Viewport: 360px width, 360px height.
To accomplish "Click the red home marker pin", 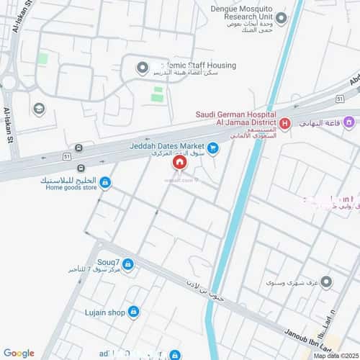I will pyautogui.click(x=179, y=163).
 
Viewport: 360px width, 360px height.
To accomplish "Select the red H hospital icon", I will pyautogui.click(x=284, y=124).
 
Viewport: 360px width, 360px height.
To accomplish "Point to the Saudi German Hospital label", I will pyautogui.click(x=237, y=114).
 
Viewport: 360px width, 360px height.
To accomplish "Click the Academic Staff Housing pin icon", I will pyautogui.click(x=142, y=68).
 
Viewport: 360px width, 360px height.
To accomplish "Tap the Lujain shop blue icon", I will pyautogui.click(x=134, y=312).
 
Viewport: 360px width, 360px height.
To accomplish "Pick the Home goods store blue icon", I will pyautogui.click(x=106, y=183).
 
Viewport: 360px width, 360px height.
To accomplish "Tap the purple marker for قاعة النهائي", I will pyautogui.click(x=348, y=121).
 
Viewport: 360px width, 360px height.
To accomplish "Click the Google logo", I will pyautogui.click(x=19, y=353).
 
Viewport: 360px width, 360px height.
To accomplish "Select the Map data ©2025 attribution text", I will pyautogui.click(x=335, y=355).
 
